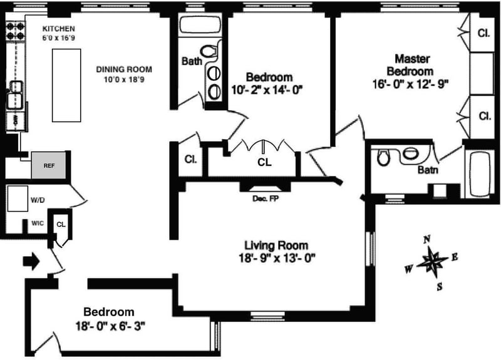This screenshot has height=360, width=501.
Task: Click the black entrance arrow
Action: click(31, 262)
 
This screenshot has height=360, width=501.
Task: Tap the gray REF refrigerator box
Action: click(49, 165)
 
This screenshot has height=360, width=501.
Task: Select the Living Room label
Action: click(276, 245)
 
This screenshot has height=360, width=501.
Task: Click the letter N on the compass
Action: click(427, 239)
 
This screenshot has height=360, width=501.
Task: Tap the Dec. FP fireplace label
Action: click(266, 198)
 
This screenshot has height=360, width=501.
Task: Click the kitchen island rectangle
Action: click(66, 85)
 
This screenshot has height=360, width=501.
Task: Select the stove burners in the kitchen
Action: click(15, 31)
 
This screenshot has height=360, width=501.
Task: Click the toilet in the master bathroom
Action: click(383, 157)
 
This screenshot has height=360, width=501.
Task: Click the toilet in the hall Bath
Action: click(209, 51)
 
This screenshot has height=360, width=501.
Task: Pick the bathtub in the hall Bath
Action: click(200, 25)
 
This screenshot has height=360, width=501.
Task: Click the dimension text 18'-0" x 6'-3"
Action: click(111, 326)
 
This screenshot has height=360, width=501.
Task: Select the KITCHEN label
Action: click(59, 29)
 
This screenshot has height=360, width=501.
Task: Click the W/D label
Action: click(38, 200)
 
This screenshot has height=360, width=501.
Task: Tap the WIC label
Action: click(38, 224)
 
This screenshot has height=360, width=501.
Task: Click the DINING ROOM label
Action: click(124, 69)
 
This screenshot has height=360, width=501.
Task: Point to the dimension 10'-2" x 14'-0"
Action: click(267, 90)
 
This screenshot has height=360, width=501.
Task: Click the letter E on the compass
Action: click(455, 257)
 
